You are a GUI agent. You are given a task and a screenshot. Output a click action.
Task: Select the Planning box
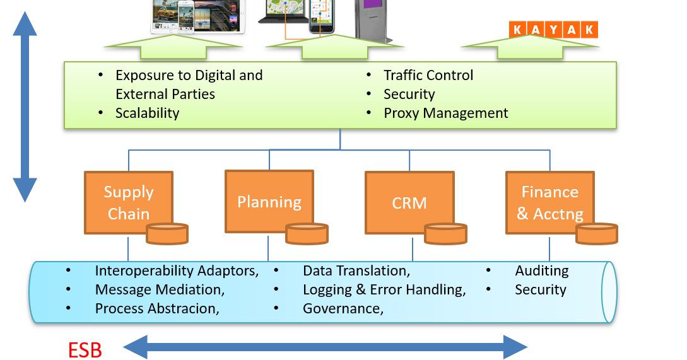coord(269,202)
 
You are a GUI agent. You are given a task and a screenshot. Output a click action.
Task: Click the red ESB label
coord(85,350)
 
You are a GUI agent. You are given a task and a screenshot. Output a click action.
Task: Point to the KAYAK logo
coord(553,30)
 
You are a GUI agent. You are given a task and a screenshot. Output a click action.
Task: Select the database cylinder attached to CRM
coord(445,233)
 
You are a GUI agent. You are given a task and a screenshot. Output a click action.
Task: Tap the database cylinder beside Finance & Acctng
coord(596,233)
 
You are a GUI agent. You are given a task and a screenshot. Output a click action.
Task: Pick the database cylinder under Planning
coord(307,233)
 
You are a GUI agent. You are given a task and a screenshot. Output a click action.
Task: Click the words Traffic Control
coord(428,76)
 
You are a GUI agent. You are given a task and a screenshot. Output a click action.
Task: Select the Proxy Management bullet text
coord(445,113)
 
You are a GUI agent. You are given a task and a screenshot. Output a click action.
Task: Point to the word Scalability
coord(147,113)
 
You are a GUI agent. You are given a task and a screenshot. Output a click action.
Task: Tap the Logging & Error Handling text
coord(384,290)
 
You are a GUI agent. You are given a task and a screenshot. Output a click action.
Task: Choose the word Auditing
coord(541,271)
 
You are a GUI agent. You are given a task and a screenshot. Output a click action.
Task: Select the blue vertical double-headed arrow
coord(25,107)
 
